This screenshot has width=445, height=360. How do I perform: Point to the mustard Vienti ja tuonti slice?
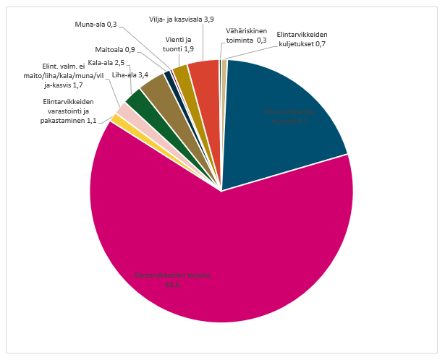point(182,73)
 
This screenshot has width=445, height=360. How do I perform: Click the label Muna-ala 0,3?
point(96,25)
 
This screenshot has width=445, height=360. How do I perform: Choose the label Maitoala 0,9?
point(120,50)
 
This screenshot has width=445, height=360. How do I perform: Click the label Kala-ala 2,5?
point(103,63)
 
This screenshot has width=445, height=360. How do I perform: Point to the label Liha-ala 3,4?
point(130,74)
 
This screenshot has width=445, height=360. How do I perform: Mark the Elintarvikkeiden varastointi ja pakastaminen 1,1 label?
point(69,111)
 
